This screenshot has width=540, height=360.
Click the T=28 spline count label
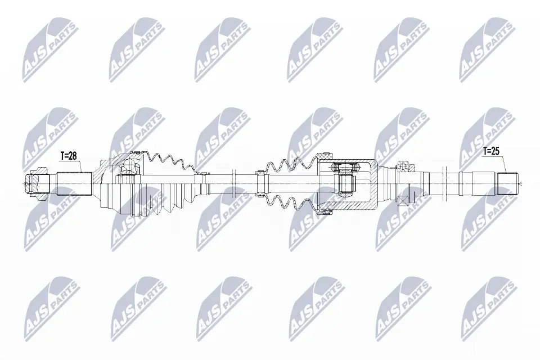pos(68,156)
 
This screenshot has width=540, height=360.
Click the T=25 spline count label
pos(491,151)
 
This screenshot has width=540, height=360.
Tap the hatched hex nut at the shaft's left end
pos(36,183)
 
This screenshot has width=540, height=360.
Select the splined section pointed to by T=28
pos(74,183)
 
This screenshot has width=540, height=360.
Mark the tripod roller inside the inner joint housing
pos(344,182)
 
